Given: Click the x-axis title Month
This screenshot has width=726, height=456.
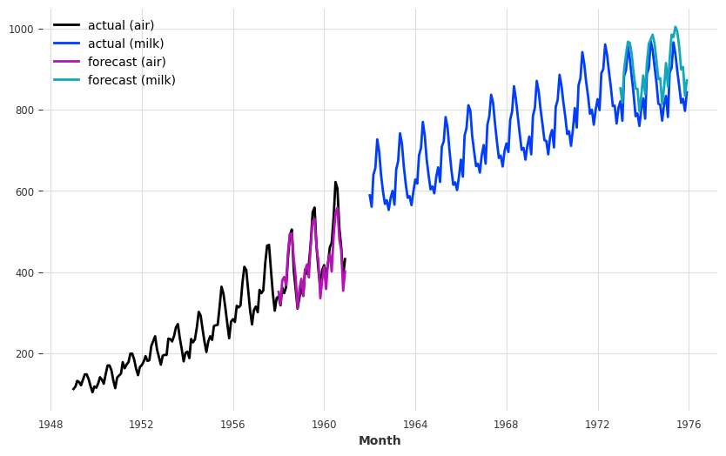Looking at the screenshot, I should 380,441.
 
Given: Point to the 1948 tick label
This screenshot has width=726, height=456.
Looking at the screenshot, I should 50,425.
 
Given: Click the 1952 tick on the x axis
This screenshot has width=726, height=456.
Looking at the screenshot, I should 142,425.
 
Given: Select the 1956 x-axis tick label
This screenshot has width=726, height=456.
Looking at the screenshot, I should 233,425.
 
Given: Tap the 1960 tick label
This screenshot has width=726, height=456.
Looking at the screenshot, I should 324,425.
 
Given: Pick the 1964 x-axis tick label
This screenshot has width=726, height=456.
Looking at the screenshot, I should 415,425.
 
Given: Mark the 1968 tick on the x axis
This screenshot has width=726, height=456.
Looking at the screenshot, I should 507,425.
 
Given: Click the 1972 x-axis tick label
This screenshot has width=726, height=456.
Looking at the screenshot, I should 598,425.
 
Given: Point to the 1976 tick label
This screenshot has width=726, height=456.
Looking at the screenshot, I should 689,425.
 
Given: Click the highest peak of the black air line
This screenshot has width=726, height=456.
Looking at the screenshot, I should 335,182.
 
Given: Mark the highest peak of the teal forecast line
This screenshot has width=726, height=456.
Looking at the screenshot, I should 675,27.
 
